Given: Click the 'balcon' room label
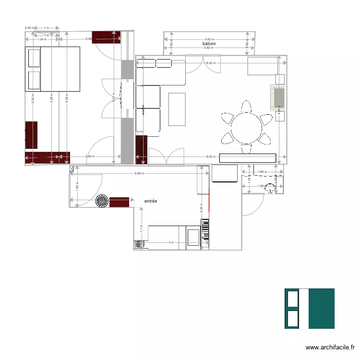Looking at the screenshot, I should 209,44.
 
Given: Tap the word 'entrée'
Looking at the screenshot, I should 151,201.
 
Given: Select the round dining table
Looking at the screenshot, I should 246,127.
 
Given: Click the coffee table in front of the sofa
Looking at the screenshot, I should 177,109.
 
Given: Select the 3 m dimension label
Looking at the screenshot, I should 171,242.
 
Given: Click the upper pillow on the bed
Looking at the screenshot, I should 34,58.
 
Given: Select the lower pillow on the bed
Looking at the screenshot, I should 34,80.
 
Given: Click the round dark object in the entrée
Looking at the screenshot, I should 102,202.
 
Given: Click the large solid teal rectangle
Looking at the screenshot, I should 321,308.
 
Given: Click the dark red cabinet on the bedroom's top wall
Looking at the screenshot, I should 106,37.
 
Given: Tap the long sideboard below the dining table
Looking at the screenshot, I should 248,158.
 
